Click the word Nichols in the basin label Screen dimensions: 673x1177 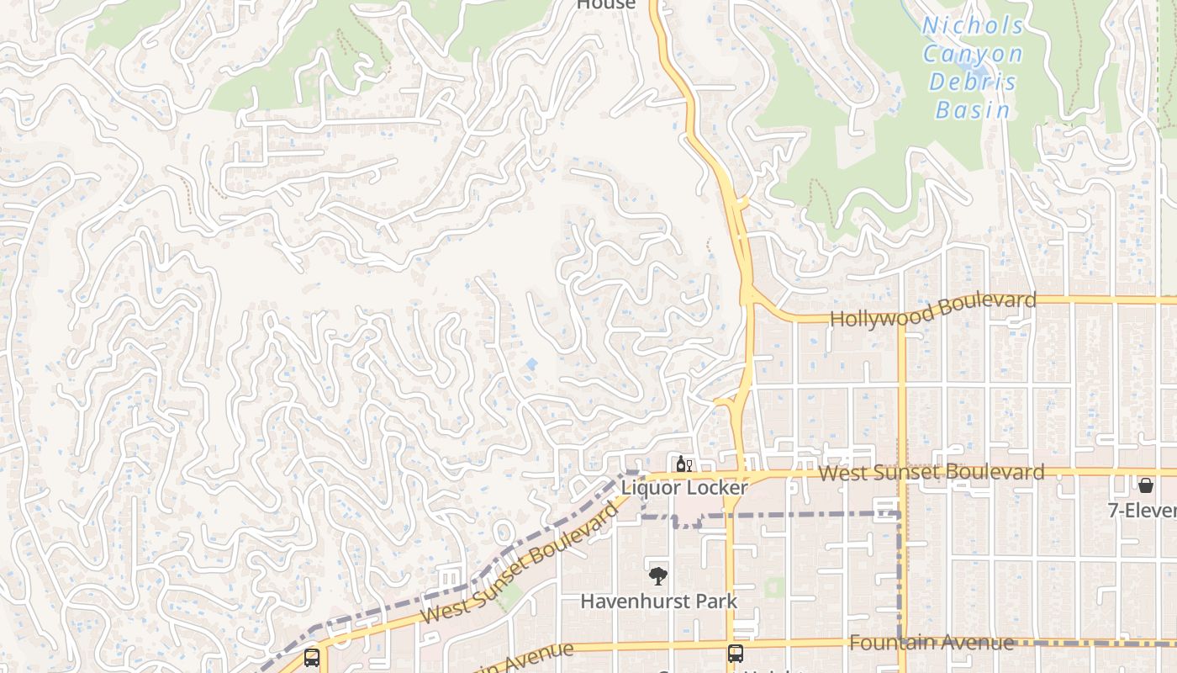[x=974, y=25]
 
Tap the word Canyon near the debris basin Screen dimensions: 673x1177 [x=973, y=55]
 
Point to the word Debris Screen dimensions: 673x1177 [x=973, y=82]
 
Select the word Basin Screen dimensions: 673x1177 [x=973, y=109]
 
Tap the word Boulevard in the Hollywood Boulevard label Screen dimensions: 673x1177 [x=986, y=303]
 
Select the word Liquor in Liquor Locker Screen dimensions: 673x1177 [x=652, y=488]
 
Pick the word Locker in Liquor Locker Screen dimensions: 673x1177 [x=715, y=488]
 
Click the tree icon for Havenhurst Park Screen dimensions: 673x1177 [x=658, y=576]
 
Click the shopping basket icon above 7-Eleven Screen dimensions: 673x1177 [x=1146, y=485]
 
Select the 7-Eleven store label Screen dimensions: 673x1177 [x=1142, y=511]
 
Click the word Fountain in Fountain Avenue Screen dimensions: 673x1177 [x=890, y=644]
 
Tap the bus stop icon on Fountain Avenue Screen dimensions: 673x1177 [x=736, y=653]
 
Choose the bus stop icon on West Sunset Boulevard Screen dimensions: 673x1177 [x=312, y=657]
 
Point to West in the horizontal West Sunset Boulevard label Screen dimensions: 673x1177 [x=843, y=473]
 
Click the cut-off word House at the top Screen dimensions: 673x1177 [x=605, y=5]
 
